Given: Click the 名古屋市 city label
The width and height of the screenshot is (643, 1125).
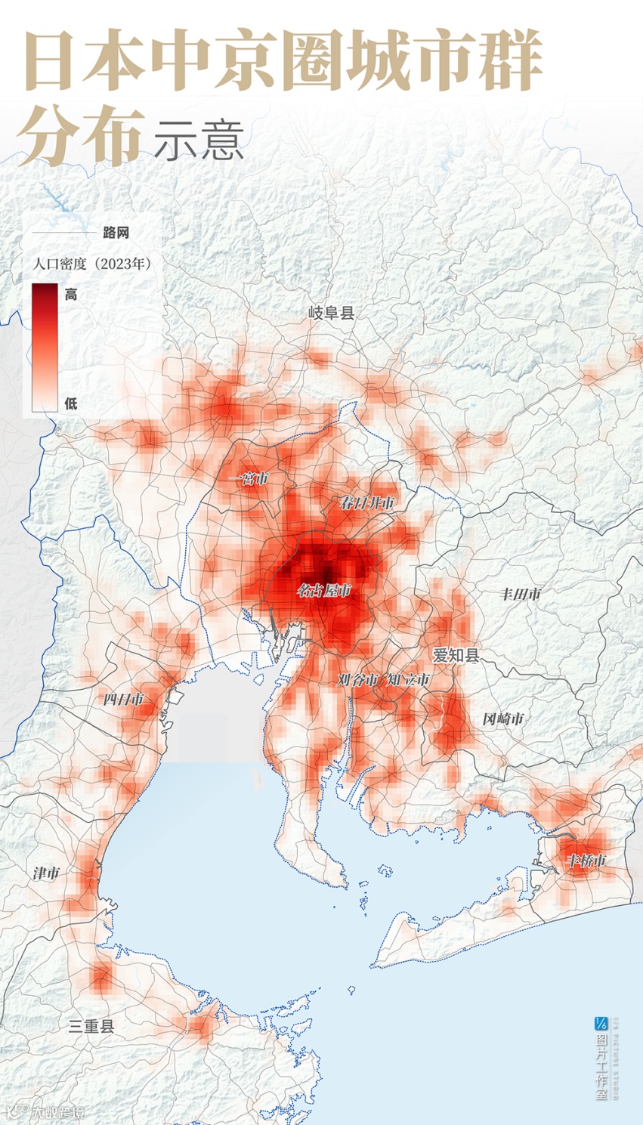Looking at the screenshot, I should [x=324, y=591].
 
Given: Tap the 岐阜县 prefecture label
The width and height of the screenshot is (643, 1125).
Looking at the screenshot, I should [x=332, y=313].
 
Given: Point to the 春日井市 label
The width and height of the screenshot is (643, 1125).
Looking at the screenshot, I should [x=367, y=502].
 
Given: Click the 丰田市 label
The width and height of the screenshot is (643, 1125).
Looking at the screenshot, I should [x=521, y=595].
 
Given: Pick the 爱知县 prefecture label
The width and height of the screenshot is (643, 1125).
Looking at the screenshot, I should [x=456, y=655].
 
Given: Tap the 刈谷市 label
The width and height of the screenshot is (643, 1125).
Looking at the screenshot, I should [x=357, y=680].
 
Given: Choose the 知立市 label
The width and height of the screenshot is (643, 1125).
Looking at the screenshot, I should [x=408, y=680].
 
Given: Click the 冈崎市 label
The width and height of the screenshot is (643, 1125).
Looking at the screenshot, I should [x=503, y=719].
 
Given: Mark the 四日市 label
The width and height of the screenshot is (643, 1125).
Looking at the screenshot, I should [x=123, y=700].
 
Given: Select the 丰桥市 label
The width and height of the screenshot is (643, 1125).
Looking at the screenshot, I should [x=586, y=861].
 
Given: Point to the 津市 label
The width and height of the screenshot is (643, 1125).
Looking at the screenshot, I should [x=46, y=873].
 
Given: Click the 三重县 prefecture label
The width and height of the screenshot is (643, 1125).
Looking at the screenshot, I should [x=91, y=1026].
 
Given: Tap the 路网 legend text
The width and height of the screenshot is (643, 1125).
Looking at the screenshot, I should [x=116, y=233].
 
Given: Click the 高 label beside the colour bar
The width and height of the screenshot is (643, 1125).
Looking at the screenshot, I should [x=71, y=295].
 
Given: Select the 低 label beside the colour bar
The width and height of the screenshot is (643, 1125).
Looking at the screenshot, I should [x=71, y=403].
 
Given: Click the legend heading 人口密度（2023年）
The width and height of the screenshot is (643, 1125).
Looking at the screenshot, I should [x=92, y=264].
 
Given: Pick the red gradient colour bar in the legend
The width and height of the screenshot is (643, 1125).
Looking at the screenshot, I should [x=45, y=348].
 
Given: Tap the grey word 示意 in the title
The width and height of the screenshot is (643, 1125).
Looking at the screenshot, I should [x=199, y=140].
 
